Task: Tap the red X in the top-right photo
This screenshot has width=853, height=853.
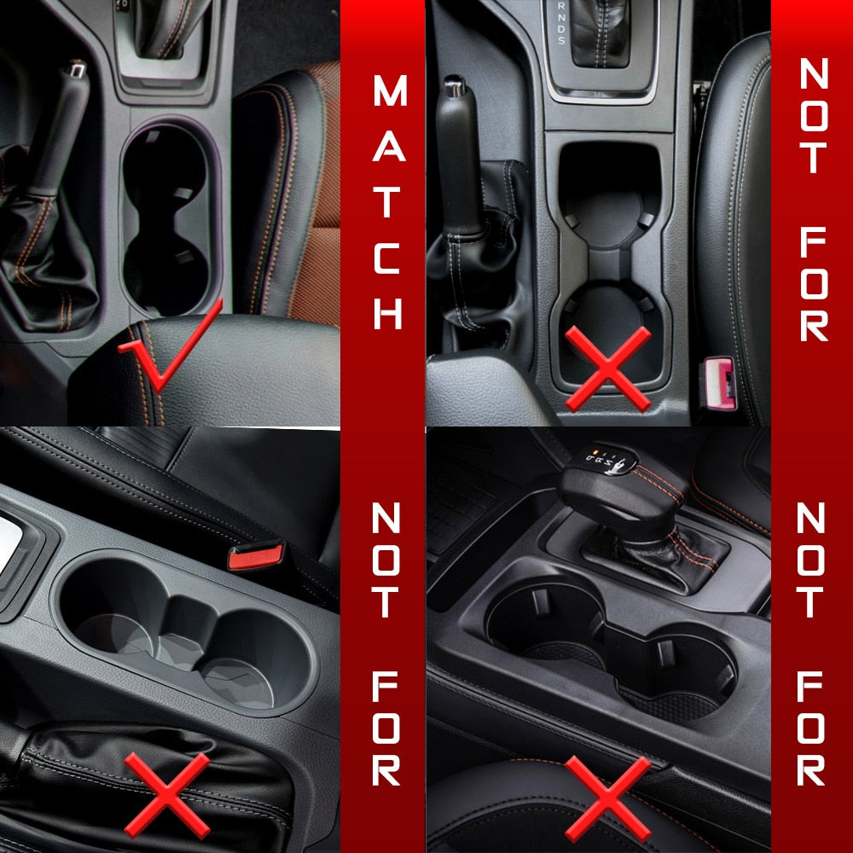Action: [x=607, y=368]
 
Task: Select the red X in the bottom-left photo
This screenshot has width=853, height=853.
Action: [x=167, y=795]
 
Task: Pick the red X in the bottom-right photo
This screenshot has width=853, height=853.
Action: [x=607, y=798]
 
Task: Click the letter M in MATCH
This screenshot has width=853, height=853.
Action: [x=390, y=90]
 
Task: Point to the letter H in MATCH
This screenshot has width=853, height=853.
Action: [x=388, y=313]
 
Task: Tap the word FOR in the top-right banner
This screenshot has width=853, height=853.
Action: [x=814, y=284]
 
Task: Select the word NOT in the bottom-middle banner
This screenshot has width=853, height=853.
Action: [x=386, y=560]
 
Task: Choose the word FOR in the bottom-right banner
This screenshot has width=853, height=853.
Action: [x=810, y=728]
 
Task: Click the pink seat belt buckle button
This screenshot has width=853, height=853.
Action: [x=719, y=383]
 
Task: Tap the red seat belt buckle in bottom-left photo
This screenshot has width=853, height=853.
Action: [x=256, y=555]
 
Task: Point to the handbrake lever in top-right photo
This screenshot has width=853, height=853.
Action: [x=461, y=158]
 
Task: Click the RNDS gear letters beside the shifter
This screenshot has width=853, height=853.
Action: [x=561, y=23]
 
